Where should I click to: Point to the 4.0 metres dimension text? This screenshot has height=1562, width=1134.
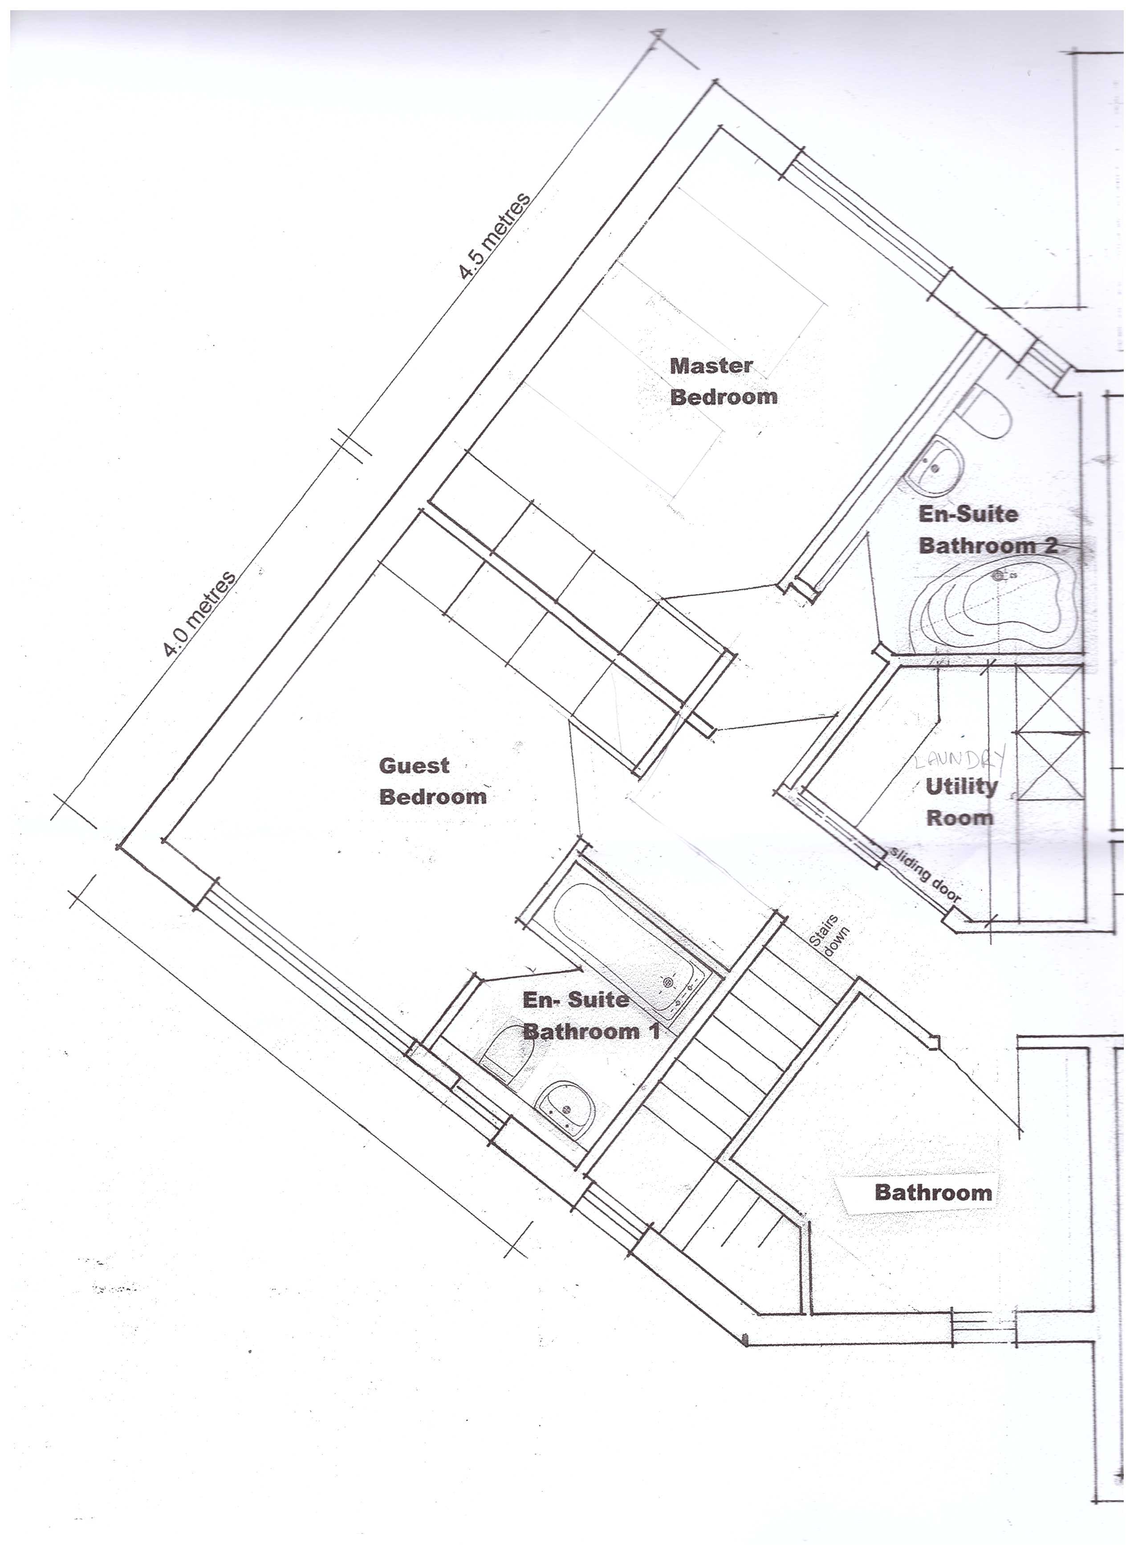point(200,613)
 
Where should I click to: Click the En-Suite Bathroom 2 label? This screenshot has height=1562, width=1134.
point(987,530)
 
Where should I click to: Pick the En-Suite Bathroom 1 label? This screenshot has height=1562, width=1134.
point(590,1015)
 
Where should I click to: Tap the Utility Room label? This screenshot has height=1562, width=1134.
point(960,801)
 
